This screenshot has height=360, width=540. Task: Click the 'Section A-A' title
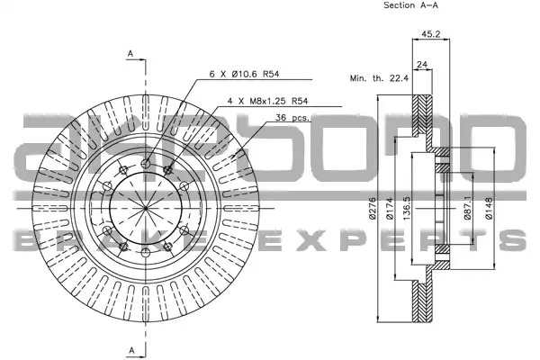[x=411, y=5]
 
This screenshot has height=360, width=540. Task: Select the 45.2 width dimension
[x=431, y=34]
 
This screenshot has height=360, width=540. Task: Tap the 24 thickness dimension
[x=422, y=64]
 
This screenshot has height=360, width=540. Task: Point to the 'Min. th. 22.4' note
[x=379, y=78]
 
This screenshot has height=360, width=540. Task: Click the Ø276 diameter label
[x=373, y=209]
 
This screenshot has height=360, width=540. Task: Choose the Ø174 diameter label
[x=390, y=209]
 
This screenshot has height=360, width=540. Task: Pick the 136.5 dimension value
[x=407, y=209]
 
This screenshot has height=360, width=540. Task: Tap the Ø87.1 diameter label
[x=467, y=208]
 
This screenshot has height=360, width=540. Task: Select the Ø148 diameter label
[x=489, y=209]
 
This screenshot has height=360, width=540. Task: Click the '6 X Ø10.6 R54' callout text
[x=244, y=74]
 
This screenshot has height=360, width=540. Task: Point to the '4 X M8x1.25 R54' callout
[x=267, y=101]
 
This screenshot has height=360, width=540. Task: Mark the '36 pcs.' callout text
[x=292, y=118]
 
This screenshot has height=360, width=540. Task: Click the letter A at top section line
[x=130, y=54]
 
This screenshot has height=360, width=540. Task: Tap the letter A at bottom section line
[x=132, y=350]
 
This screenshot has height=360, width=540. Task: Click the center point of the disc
[x=146, y=208]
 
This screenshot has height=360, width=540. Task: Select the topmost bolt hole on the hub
[x=146, y=164]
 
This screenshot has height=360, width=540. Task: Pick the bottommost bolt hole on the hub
[x=146, y=253]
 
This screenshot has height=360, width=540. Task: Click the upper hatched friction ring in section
[x=422, y=115]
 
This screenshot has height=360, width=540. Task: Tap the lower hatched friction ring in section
[x=422, y=301]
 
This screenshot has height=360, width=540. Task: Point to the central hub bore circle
[x=146, y=172]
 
